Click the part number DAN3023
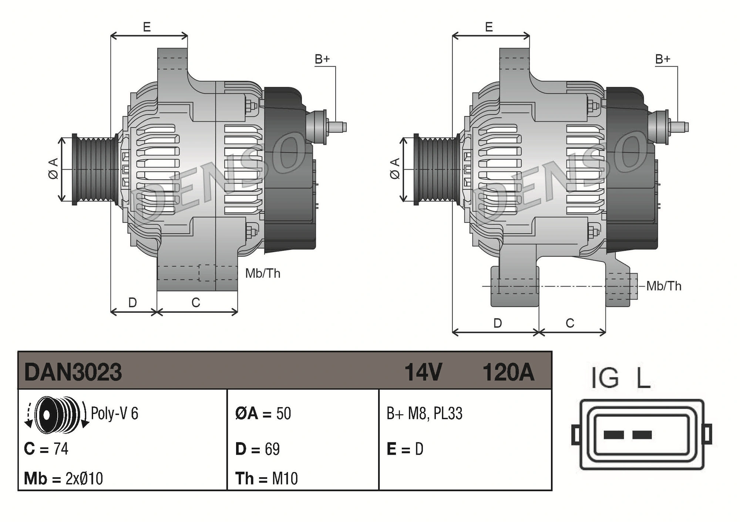click(x=73, y=372)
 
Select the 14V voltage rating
click(x=423, y=372)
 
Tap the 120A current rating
click(x=508, y=372)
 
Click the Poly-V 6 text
click(x=114, y=413)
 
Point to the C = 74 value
click(x=46, y=449)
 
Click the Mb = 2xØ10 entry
click(x=63, y=478)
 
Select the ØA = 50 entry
click(x=263, y=413)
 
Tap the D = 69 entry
click(x=258, y=449)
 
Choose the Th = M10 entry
click(x=266, y=478)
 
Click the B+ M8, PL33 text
click(x=424, y=413)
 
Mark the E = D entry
click(x=405, y=449)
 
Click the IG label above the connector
click(x=605, y=378)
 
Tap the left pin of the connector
click(x=613, y=435)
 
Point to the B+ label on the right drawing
click(x=663, y=59)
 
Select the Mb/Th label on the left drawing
click(x=263, y=274)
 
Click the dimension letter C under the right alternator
click(x=570, y=323)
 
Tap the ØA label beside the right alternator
click(x=395, y=169)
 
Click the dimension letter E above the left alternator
click(x=147, y=27)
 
